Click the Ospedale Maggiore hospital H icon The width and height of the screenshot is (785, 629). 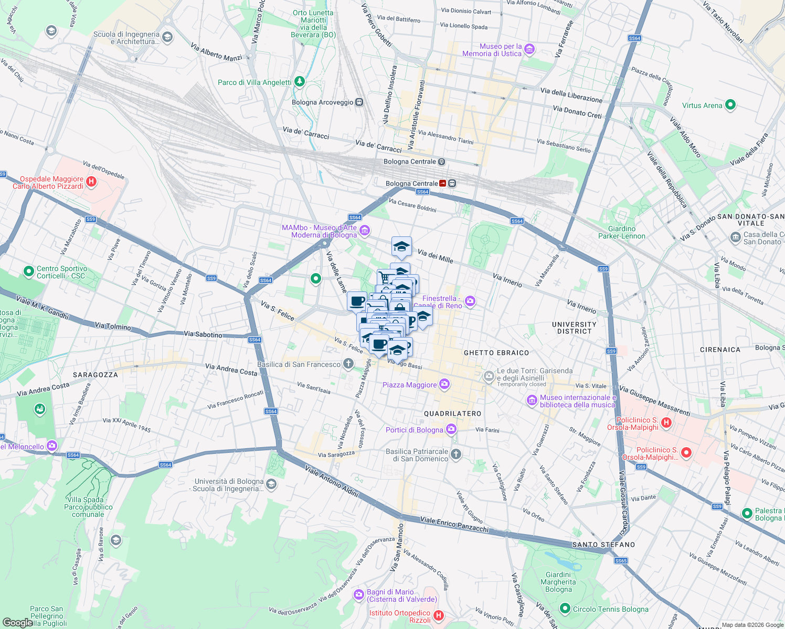(x=91, y=182)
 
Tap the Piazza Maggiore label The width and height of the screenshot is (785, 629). (x=409, y=385)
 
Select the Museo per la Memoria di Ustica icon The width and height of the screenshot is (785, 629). (x=529, y=50)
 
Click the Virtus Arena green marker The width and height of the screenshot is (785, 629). (x=730, y=105)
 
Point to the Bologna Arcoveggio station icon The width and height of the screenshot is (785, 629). (x=359, y=102)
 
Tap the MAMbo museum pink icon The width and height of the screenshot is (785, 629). (x=365, y=231)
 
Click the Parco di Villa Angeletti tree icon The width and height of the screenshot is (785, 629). (x=299, y=82)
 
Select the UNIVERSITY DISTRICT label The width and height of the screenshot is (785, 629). (x=574, y=328)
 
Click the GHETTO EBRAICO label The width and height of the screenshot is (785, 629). (x=496, y=353)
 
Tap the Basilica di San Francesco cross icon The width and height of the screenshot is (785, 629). (x=348, y=364)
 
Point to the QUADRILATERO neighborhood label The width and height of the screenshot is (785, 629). (x=452, y=414)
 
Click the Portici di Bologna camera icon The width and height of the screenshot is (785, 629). (x=451, y=430)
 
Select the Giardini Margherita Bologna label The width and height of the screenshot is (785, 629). (x=558, y=582)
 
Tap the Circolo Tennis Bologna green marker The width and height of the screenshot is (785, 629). (x=565, y=609)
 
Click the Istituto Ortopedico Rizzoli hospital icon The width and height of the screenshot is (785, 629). (x=439, y=616)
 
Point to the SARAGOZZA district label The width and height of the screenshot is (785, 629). (x=95, y=375)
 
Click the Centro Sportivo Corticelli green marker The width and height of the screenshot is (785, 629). (x=29, y=272)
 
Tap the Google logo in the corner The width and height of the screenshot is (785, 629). (x=17, y=622)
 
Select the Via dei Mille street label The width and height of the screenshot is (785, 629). (x=435, y=256)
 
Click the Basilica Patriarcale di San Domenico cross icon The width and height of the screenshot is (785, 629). (x=455, y=454)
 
